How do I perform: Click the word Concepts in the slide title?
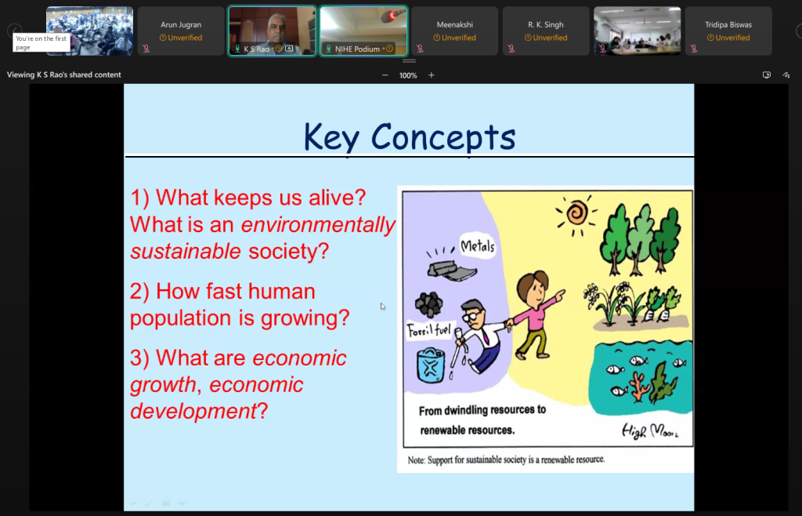pos(443,137)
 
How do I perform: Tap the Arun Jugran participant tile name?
pos(181,24)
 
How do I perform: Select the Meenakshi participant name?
pos(455,24)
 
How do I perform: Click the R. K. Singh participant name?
pos(546,24)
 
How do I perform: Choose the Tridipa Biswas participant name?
pos(728,24)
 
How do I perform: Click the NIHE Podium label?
pos(357,49)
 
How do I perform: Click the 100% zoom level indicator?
pos(408,75)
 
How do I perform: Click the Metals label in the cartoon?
pos(478,246)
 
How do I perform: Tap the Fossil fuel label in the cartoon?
pos(428,330)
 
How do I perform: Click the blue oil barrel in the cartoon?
pos(431,365)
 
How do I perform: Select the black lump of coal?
pos(428,304)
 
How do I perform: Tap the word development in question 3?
pos(193,412)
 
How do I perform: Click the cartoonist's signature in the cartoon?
pos(650,431)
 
